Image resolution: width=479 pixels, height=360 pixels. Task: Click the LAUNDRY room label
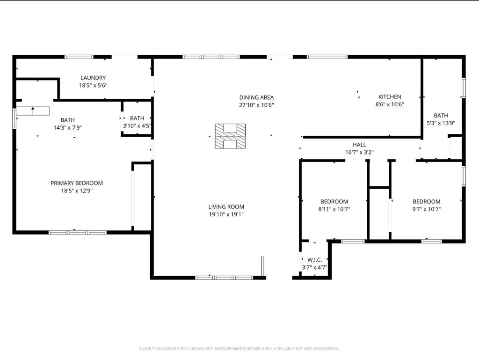93,78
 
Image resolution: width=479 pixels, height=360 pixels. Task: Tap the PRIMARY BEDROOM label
77,183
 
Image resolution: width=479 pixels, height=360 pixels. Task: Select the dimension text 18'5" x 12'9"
77,191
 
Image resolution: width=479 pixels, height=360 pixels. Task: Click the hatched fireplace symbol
230,136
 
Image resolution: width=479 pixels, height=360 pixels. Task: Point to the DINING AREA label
256,97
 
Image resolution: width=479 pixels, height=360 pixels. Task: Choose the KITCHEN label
390,97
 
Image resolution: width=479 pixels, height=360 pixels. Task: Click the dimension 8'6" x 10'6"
390,104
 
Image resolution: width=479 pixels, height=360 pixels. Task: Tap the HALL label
360,145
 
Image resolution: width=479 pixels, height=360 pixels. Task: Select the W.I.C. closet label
315,260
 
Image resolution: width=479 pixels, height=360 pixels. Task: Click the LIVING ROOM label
226,207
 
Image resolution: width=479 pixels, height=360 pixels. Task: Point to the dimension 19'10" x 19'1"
226,214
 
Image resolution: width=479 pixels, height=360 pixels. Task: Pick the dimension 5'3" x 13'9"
441,123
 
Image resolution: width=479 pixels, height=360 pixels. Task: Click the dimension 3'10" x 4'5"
137,125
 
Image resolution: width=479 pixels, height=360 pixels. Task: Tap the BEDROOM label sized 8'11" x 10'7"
334,202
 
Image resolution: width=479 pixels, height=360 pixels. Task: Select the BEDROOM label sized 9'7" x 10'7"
427,202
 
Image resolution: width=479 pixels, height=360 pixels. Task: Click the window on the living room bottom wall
224,278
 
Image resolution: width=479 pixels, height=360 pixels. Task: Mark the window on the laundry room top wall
79,57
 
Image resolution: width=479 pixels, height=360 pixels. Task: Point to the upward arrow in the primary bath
33,111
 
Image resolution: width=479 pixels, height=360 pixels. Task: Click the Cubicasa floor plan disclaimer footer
239,349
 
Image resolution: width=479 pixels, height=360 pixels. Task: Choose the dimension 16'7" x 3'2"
360,152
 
